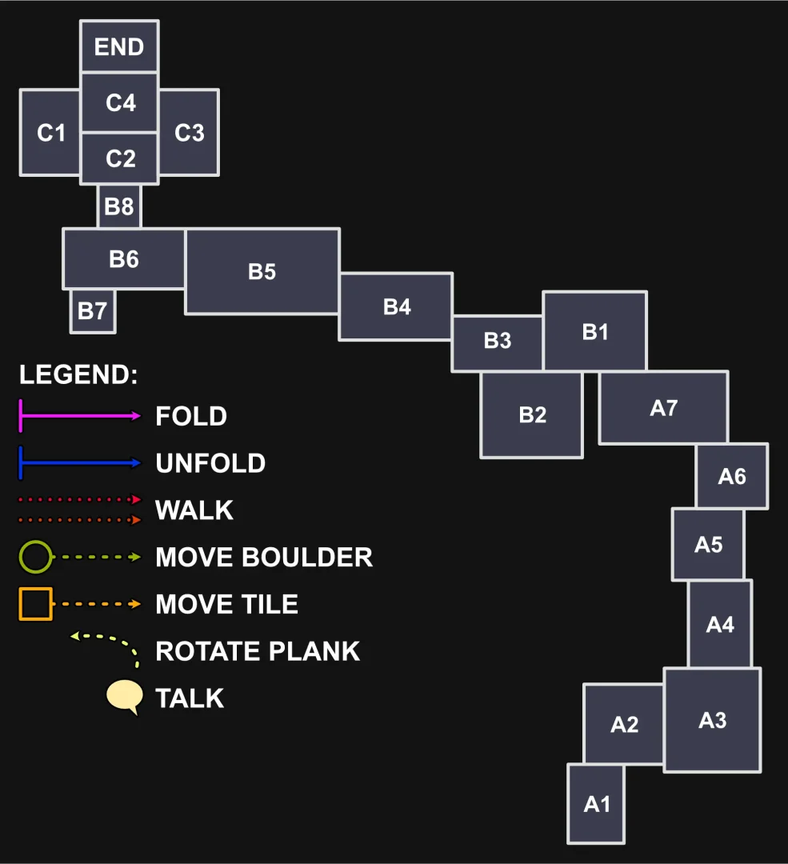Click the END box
click(119, 46)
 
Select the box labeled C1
click(50, 132)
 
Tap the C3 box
click(189, 132)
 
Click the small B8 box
click(119, 206)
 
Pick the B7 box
click(93, 310)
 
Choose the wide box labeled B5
click(262, 271)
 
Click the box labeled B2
click(532, 415)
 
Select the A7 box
click(663, 407)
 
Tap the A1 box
click(597, 803)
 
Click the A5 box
click(708, 544)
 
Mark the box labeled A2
click(624, 723)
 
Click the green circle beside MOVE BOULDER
click(36, 557)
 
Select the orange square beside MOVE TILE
click(36, 603)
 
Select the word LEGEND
click(78, 374)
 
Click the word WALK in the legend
click(194, 510)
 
